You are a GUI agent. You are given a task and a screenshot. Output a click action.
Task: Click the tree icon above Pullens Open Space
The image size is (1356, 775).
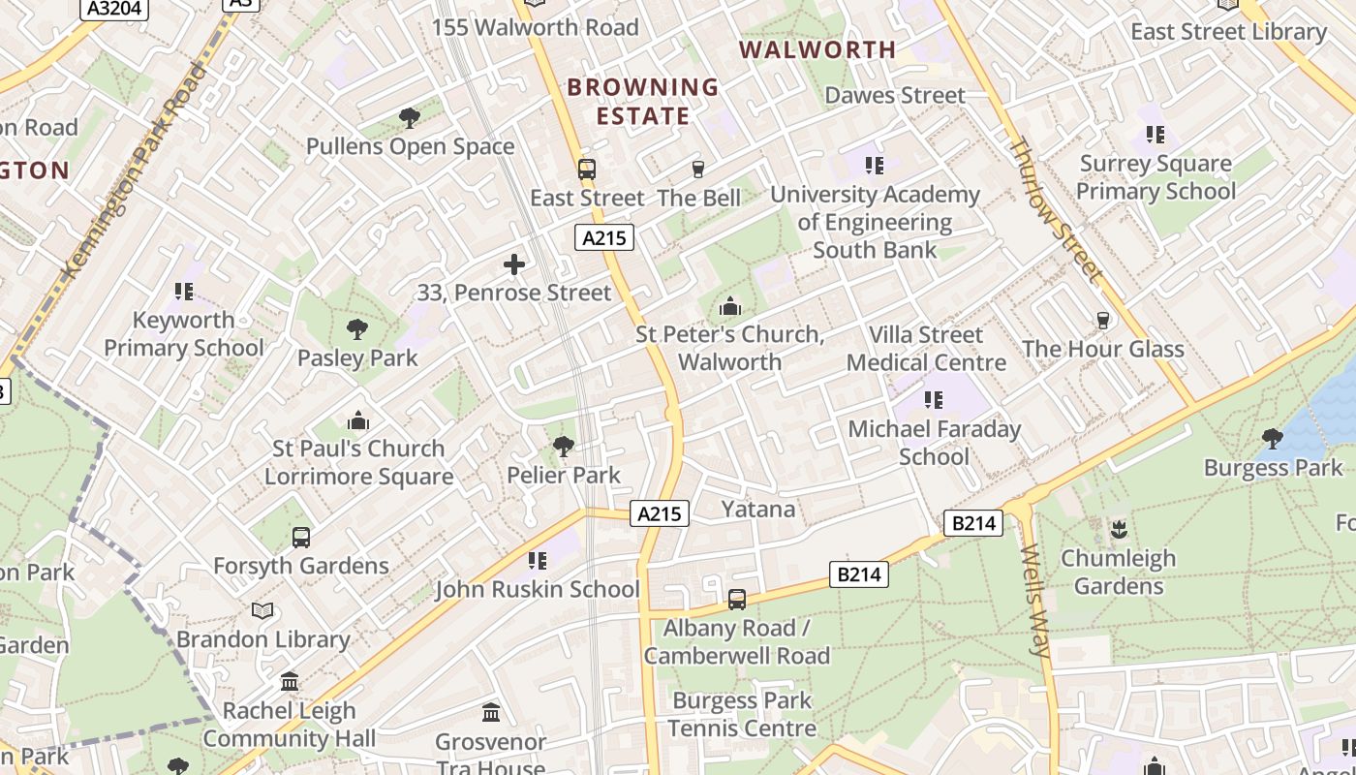[410, 119]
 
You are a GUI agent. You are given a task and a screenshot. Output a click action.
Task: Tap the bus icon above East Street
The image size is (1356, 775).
[586, 170]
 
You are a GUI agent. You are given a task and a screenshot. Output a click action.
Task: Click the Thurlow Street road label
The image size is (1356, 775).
[1056, 209]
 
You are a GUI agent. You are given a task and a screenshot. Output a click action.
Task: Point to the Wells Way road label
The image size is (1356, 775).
[1034, 602]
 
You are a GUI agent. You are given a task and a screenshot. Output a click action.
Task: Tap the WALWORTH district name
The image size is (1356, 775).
[818, 49]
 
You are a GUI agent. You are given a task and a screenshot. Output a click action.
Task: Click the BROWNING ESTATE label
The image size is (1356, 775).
[643, 102]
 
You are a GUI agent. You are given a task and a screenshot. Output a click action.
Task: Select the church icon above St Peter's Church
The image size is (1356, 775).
[730, 307]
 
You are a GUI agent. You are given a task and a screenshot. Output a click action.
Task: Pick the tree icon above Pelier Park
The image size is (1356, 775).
[564, 447]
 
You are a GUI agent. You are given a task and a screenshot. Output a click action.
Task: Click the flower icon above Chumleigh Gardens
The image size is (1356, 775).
[1119, 530]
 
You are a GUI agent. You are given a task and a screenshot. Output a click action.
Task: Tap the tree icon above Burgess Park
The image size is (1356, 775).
[1273, 440]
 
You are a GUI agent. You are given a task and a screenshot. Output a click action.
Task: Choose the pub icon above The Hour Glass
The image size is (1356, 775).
[1102, 321]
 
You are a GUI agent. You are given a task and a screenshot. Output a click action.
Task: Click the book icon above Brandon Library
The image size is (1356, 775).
[262, 611]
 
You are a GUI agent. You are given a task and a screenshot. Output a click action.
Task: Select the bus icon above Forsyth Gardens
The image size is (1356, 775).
[301, 538]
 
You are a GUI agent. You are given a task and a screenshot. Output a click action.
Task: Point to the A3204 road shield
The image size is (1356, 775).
[114, 9]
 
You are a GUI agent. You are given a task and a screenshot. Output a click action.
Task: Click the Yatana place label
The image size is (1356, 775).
[758, 510]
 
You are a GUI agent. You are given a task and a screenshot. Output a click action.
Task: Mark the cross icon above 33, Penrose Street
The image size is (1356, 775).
[514, 264]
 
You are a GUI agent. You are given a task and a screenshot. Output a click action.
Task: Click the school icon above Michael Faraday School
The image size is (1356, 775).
[934, 400]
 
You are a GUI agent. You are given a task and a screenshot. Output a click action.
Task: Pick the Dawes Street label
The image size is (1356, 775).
[895, 95]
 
